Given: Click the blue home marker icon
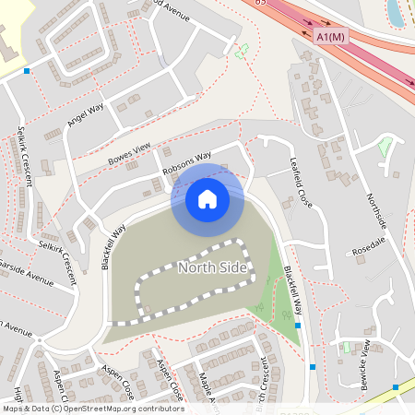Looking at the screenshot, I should (x=207, y=198).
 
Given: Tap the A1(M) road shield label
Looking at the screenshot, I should (x=328, y=36).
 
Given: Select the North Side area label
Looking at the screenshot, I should (x=213, y=267).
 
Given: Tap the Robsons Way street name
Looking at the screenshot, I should (x=186, y=163).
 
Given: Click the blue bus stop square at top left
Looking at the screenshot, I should (x=27, y=70).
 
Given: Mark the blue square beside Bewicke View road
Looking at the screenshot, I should (x=396, y=387).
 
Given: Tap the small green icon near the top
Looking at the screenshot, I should (x=243, y=51).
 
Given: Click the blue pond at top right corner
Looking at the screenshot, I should (x=397, y=13).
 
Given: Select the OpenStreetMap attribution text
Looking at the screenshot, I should (x=92, y=408).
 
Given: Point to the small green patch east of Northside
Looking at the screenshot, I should (x=386, y=146).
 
